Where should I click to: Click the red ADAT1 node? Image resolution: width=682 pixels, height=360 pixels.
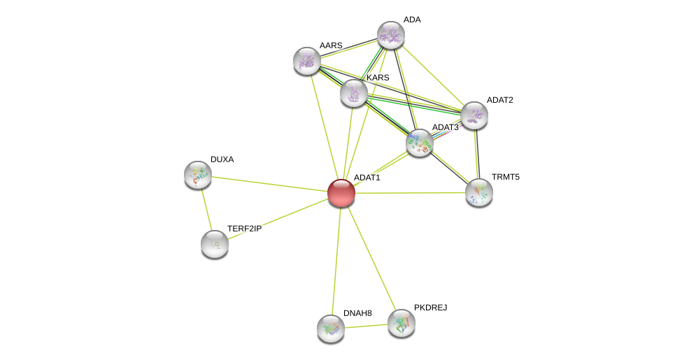(x=341, y=192)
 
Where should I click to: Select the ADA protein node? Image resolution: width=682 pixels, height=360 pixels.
(x=391, y=34)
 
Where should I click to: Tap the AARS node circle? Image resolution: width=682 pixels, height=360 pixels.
(x=307, y=61)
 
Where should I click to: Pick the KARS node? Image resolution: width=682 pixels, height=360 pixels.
(x=354, y=92)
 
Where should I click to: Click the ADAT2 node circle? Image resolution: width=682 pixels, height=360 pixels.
(x=474, y=115)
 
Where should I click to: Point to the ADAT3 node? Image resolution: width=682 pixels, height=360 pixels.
(x=420, y=142)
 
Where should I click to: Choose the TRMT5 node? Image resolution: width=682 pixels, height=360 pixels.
(x=479, y=192)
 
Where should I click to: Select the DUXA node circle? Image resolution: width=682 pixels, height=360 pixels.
(x=198, y=174)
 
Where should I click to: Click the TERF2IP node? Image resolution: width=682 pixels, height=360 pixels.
(x=215, y=244)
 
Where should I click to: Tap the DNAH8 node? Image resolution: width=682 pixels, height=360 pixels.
(x=331, y=328)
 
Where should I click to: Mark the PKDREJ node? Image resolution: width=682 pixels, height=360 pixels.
(x=402, y=322)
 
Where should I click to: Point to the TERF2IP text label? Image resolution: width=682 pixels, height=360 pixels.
(x=244, y=229)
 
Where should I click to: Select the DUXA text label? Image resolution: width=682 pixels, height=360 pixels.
(x=222, y=159)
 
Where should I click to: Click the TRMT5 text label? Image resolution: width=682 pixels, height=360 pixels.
(x=505, y=177)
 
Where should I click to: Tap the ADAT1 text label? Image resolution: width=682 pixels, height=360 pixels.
(x=367, y=178)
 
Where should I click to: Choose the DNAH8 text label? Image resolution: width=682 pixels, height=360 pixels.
(x=357, y=313)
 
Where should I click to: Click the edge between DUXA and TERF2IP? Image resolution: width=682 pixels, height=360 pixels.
(x=206, y=210)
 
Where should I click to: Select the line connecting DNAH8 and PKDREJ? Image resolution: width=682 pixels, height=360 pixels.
(x=367, y=325)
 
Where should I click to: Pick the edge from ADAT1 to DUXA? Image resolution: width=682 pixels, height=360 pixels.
(x=269, y=183)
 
